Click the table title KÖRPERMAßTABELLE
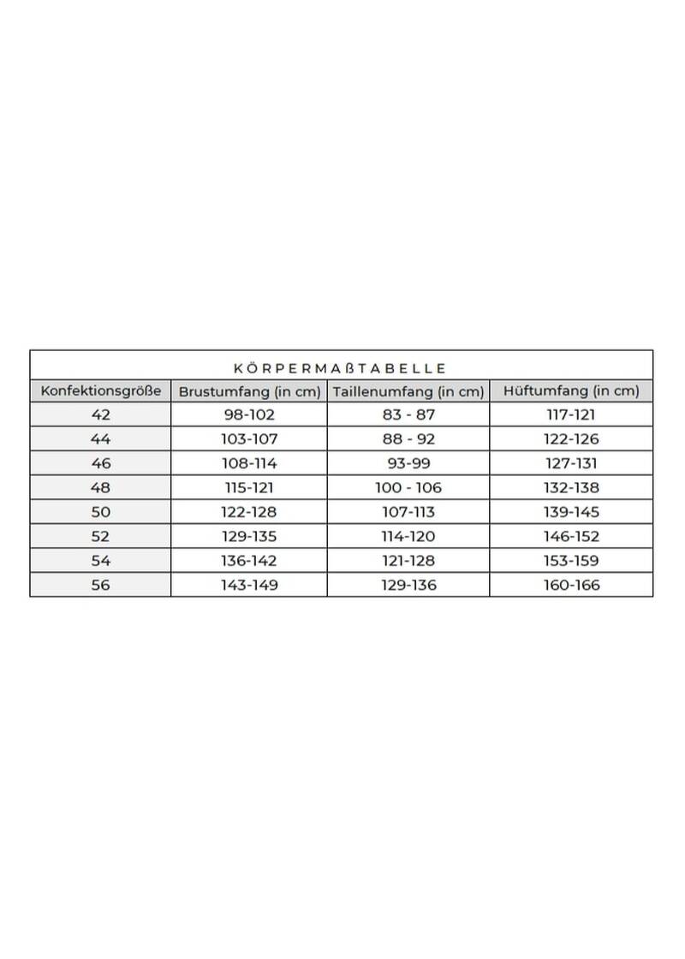pyautogui.click(x=340, y=368)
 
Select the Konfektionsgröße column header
pyautogui.click(x=100, y=391)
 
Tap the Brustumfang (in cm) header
pyautogui.click(x=248, y=392)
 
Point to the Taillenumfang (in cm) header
pyautogui.click(x=408, y=392)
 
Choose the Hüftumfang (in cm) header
pyautogui.click(x=571, y=391)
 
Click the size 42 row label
pyautogui.click(x=100, y=414)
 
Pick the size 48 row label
pyautogui.click(x=100, y=488)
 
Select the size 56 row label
pyautogui.click(x=100, y=586)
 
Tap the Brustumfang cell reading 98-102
pyautogui.click(x=248, y=414)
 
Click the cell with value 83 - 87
pyautogui.click(x=408, y=414)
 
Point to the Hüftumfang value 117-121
pyautogui.click(x=571, y=414)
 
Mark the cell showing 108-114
pyautogui.click(x=248, y=463)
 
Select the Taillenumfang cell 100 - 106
pyautogui.click(x=408, y=488)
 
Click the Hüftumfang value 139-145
pyautogui.click(x=571, y=512)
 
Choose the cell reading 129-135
pyautogui.click(x=248, y=537)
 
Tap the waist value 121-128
pyautogui.click(x=408, y=561)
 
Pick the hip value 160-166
pyautogui.click(x=571, y=586)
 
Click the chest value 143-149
pyautogui.click(x=248, y=586)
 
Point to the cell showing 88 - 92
pyautogui.click(x=408, y=439)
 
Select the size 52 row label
pyautogui.click(x=100, y=537)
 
